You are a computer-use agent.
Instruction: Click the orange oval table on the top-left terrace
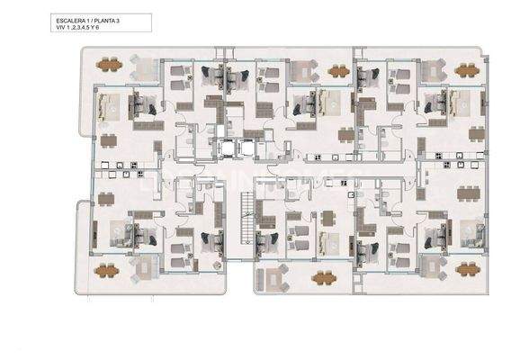pyautogui.click(x=109, y=65)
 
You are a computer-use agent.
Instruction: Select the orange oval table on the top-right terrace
pyautogui.click(x=467, y=69)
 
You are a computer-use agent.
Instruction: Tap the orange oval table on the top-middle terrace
pyautogui.click(x=339, y=70)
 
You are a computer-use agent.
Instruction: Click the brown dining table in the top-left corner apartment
pyautogui.click(x=109, y=140)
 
